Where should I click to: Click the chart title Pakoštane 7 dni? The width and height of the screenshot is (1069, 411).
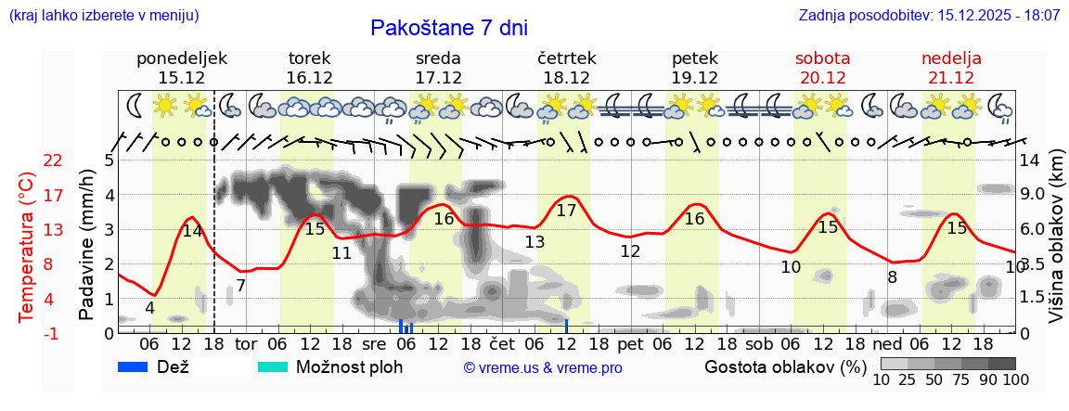[448, 28]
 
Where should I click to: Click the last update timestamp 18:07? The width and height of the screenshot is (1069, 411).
[1040, 16]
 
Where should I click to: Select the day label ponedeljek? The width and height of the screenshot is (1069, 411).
[182, 58]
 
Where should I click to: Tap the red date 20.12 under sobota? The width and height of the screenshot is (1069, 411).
[822, 78]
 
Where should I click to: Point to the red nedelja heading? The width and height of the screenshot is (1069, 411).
[951, 58]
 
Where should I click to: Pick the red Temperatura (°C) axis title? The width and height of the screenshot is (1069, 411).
[26, 247]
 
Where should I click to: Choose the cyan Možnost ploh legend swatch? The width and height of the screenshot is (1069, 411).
[273, 366]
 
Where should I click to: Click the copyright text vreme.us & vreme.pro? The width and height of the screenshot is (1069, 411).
[543, 368]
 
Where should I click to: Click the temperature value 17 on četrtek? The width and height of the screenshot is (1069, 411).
[566, 211]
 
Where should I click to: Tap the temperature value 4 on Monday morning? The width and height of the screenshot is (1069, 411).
[149, 308]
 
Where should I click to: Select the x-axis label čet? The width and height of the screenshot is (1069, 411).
[502, 343]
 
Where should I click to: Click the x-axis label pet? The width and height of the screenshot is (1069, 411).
[630, 343]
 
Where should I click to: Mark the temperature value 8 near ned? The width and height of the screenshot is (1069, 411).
[892, 276]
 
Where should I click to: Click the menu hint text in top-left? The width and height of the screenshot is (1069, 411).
[103, 16]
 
